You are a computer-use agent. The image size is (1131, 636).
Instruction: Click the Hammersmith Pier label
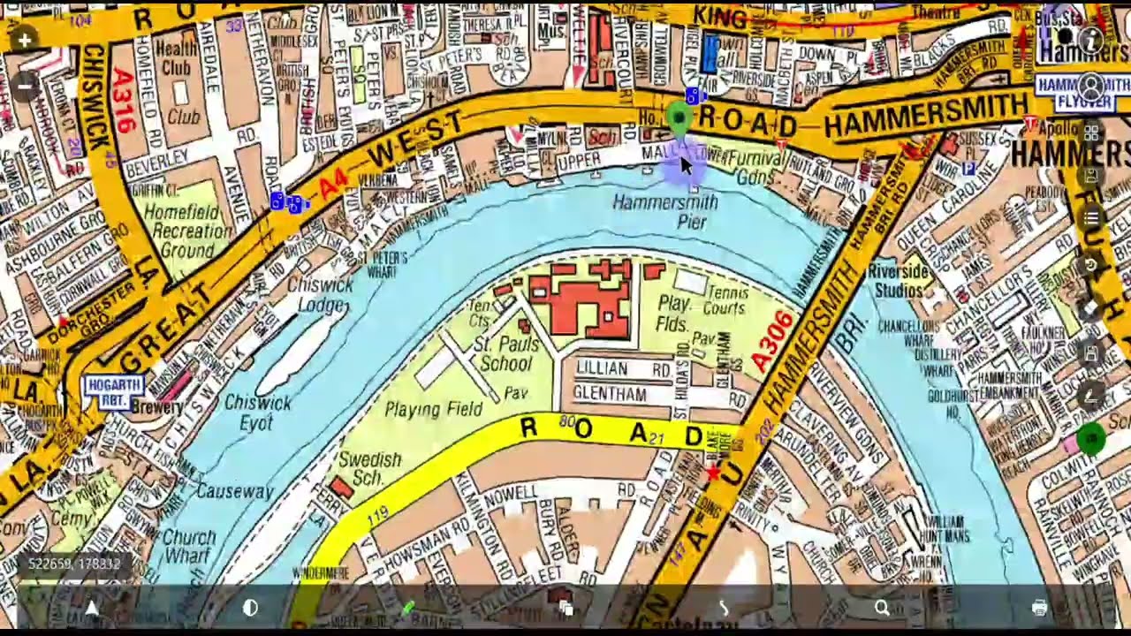point(665,212)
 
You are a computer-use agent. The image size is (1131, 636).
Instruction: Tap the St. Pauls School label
point(506,353)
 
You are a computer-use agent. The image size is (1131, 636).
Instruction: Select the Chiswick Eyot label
point(258,413)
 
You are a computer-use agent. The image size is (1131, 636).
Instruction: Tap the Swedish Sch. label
point(370,468)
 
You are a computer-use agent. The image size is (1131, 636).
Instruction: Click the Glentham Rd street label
point(622,394)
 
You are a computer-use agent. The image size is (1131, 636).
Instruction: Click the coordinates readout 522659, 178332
point(74,564)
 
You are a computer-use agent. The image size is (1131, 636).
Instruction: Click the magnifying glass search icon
point(882,608)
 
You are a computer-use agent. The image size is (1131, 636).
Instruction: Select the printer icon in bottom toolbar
point(1039,608)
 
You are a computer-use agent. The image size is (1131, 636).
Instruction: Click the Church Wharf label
point(189,546)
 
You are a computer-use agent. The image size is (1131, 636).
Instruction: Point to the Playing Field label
point(434,409)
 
